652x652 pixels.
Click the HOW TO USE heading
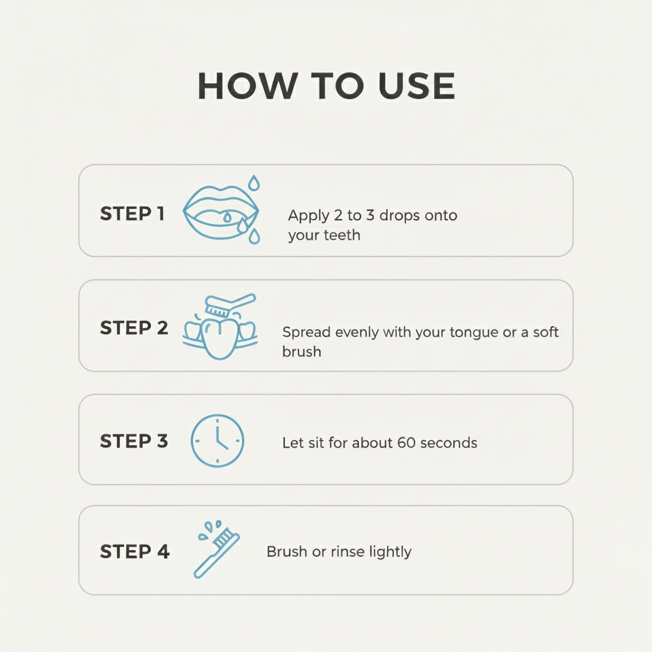tap(326, 86)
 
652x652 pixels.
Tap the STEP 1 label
tap(132, 214)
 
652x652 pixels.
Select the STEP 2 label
tap(134, 328)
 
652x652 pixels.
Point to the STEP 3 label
tap(134, 441)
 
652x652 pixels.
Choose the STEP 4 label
tap(134, 551)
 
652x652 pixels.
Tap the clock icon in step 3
tap(217, 441)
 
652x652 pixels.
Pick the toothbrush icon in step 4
tap(216, 551)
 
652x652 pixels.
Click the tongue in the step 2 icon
tap(219, 337)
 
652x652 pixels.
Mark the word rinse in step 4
tap(345, 551)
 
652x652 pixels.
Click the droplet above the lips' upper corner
tap(254, 183)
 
